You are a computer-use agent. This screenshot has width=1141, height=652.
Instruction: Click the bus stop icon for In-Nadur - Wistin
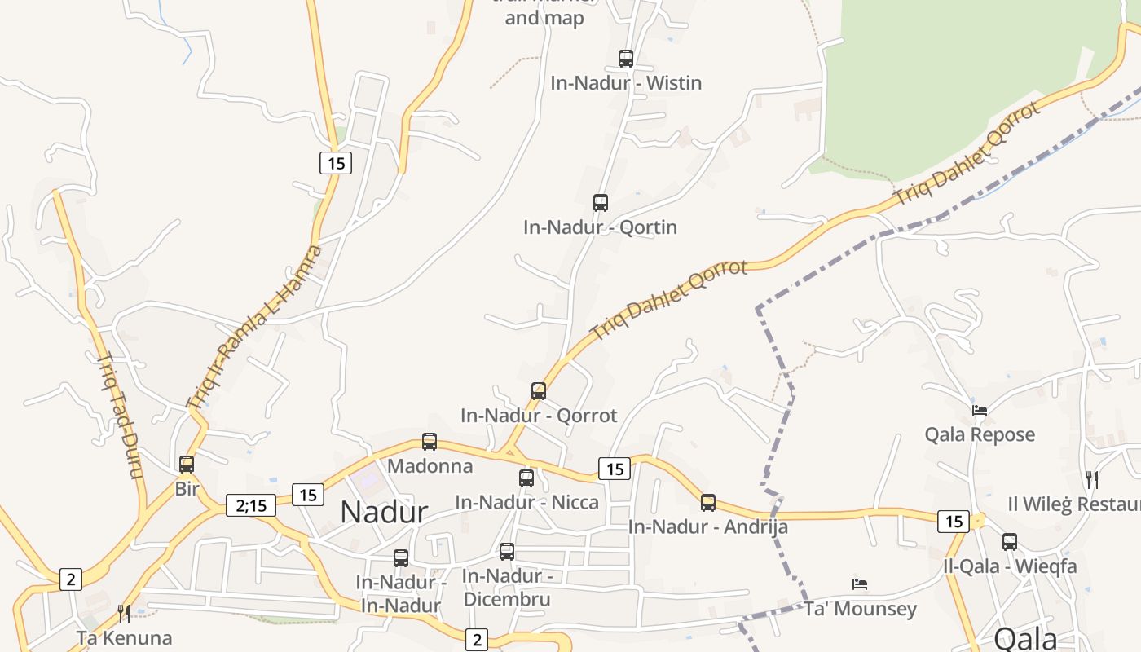[626, 59]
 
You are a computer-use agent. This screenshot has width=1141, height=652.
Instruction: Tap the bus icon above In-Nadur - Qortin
[601, 203]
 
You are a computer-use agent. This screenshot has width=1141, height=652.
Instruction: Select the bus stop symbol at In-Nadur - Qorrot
[539, 391]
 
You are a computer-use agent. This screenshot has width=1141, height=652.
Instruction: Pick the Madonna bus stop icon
[430, 442]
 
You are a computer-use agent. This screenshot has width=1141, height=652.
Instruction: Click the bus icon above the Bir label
[187, 465]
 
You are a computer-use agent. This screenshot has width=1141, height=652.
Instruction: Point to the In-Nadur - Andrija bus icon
[708, 503]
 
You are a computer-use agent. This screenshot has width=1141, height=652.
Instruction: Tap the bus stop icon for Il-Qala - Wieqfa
[1010, 541]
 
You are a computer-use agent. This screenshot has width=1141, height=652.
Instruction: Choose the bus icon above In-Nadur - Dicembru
[507, 552]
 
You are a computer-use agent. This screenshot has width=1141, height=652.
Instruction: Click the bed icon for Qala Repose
[980, 411]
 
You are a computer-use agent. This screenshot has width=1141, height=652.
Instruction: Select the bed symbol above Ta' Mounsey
[860, 584]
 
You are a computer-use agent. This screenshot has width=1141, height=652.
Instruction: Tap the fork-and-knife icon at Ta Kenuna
[124, 613]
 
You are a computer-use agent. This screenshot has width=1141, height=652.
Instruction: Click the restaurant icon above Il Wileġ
[1092, 479]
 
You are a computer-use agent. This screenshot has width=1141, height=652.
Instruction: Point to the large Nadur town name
[384, 512]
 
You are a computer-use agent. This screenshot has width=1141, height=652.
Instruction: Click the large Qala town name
[1026, 639]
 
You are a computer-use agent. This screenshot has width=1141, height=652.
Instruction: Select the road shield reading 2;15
[251, 505]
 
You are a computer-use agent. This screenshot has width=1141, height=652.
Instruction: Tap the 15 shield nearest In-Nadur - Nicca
[615, 469]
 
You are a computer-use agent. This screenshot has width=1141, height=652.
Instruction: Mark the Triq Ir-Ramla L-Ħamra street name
[255, 326]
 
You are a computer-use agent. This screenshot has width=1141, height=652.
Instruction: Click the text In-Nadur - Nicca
[527, 502]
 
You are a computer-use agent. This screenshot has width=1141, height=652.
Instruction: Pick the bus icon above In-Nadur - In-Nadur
[401, 558]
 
